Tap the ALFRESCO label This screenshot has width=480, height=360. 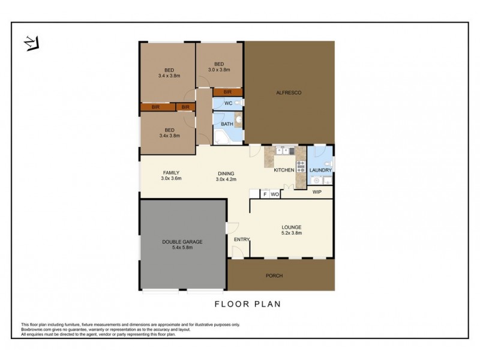point(288,92)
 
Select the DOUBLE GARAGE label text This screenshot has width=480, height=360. point(182,242)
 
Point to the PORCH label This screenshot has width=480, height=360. point(274,276)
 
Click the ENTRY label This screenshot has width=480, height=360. point(242,239)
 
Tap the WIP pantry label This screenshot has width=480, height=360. point(317,193)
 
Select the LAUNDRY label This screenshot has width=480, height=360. point(320,170)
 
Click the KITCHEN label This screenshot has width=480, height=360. point(284,170)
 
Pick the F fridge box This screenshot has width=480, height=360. point(265,194)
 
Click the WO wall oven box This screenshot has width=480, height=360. point(274,194)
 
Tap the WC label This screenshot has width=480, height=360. point(228,104)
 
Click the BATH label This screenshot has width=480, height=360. point(227,124)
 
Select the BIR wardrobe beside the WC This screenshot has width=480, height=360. point(227,92)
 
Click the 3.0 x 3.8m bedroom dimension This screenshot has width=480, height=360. point(219,70)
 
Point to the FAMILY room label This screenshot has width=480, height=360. point(171,172)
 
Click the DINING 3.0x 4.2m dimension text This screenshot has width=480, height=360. point(226,179)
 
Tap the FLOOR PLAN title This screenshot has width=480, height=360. point(248,304)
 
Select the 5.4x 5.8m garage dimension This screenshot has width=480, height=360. point(182,248)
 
